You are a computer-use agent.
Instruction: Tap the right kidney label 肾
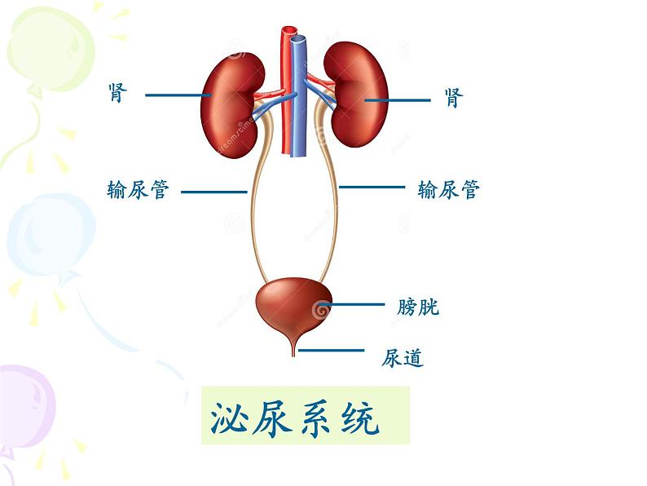pyautogui.click(x=453, y=99)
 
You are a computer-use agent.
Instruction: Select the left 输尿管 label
pyautogui.click(x=138, y=190)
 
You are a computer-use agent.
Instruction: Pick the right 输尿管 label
pyautogui.click(x=448, y=189)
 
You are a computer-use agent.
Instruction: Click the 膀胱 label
pyautogui.click(x=418, y=307)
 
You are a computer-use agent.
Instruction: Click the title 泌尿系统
pyautogui.click(x=295, y=418)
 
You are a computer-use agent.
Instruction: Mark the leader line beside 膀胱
pyautogui.click(x=354, y=305)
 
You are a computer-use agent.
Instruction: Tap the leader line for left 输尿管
pyautogui.click(x=213, y=192)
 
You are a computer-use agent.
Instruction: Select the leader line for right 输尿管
pyautogui.click(x=372, y=187)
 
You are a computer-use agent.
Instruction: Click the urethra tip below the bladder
pyautogui.click(x=295, y=351)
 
